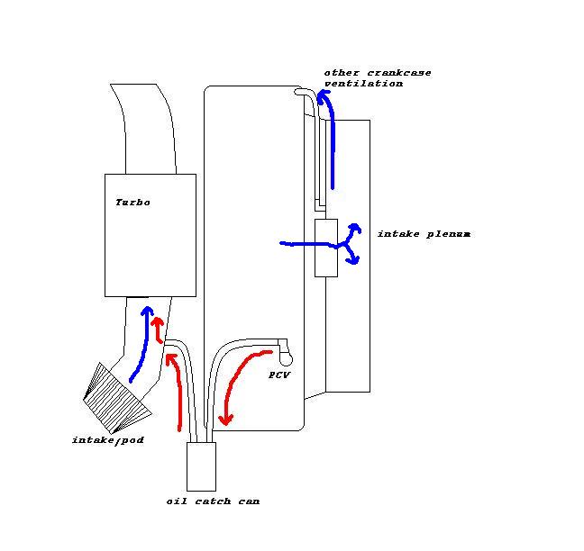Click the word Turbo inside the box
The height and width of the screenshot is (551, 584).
[x=132, y=203]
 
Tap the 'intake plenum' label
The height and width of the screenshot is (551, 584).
[x=424, y=234]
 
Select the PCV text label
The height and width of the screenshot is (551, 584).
[x=279, y=375]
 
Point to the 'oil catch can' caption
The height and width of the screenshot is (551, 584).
[x=213, y=501]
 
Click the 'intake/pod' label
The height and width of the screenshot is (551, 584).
[x=108, y=440]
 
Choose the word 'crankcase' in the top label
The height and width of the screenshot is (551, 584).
[x=399, y=73]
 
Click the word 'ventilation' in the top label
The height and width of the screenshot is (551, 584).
[x=363, y=84]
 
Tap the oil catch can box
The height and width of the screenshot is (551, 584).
[x=201, y=466]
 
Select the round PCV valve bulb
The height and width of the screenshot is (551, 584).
[x=286, y=359]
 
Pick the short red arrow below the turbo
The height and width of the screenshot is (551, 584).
[x=159, y=330]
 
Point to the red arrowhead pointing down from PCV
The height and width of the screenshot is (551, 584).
[x=225, y=420]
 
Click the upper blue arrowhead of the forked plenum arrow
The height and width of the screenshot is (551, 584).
[x=355, y=228]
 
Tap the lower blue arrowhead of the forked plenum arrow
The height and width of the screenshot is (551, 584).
[x=353, y=260]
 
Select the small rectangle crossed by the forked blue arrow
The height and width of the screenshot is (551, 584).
[x=326, y=248]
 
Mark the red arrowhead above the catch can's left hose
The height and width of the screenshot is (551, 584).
[x=170, y=359]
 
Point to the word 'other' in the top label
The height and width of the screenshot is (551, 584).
[x=342, y=73]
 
